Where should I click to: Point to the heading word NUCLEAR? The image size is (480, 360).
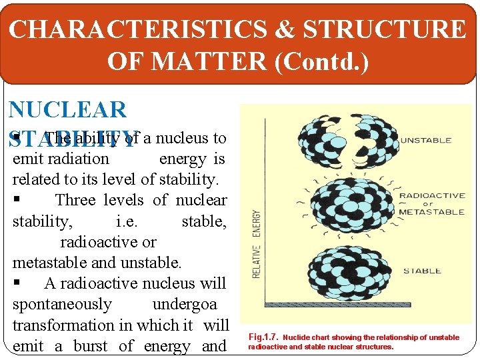pos(67,110)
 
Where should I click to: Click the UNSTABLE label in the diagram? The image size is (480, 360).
pos(425,141)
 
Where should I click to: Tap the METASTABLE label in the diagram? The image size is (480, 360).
pos(431,212)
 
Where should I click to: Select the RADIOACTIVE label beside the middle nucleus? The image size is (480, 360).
pos(431,197)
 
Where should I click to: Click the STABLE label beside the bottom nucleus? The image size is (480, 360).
pos(422,271)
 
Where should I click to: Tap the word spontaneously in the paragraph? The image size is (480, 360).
pos(62,305)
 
